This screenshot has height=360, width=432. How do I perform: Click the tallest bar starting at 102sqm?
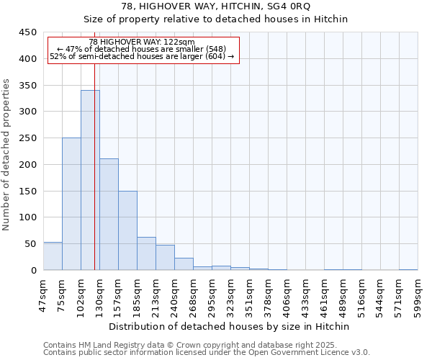(x=90, y=180)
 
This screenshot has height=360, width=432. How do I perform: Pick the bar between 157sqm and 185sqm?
(x=127, y=230)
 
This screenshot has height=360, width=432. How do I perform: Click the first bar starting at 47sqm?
(x=53, y=256)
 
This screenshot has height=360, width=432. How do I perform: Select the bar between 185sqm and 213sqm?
(x=146, y=253)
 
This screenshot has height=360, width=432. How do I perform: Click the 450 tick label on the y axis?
(x=28, y=32)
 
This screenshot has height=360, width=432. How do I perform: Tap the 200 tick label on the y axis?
(x=28, y=165)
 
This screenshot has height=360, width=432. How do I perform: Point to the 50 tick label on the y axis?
(x=31, y=244)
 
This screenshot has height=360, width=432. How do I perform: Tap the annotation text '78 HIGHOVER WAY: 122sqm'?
(x=143, y=42)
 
